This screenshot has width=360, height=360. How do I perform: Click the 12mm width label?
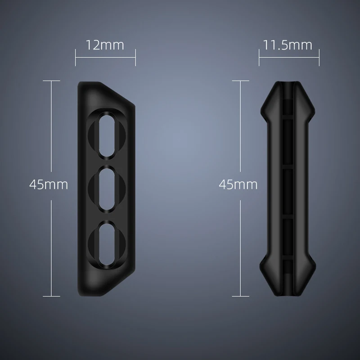coord(105,45)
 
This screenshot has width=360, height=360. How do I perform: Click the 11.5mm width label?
coord(288,45)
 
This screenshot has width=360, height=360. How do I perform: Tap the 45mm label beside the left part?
coord(48,184)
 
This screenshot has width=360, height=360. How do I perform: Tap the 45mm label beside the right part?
coord(238,184)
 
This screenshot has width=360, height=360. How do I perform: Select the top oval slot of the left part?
coord(106,135)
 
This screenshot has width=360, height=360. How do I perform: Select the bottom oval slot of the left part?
coord(106,241)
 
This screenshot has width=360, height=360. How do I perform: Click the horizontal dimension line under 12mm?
coord(105,58)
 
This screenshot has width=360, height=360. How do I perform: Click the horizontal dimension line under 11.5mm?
coord(289,58)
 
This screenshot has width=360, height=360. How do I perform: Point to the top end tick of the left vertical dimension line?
coord(52,81)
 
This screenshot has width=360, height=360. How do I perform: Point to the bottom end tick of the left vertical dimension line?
coord(52,296)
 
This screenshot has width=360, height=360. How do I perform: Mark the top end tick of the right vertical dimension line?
coord(241,81)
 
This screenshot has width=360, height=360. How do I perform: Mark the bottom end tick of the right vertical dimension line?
coord(241,296)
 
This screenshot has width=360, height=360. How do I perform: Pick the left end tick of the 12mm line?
coord(76,58)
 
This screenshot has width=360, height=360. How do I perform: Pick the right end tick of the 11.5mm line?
coord(319,58)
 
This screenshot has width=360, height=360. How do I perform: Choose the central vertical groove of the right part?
coord(288,189)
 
